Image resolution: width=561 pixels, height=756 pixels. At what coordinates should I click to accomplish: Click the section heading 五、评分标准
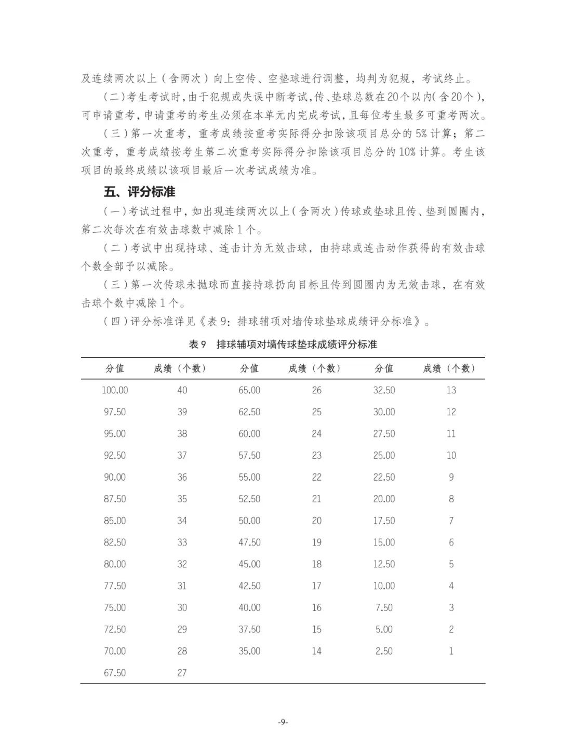click(x=139, y=192)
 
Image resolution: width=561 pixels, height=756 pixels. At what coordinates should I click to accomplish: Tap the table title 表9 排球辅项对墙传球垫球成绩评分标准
click(x=283, y=344)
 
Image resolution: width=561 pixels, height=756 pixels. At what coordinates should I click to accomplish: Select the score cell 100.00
click(x=115, y=390)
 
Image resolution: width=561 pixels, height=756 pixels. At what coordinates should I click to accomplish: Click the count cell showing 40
click(x=182, y=390)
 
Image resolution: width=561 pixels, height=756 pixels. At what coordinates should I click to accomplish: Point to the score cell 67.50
click(x=115, y=673)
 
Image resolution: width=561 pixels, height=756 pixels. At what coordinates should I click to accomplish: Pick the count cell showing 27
click(x=182, y=673)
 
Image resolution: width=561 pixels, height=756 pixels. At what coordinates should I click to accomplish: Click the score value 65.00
click(x=249, y=390)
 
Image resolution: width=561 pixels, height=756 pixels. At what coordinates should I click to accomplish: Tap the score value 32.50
click(x=384, y=390)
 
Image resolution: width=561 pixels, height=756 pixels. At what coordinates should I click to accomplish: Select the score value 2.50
click(x=384, y=651)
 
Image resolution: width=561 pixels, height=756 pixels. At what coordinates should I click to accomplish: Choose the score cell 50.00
click(x=249, y=521)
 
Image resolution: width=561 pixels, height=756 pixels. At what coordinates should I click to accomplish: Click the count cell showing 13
click(x=451, y=390)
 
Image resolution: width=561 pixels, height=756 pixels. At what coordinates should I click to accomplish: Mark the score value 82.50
click(x=115, y=542)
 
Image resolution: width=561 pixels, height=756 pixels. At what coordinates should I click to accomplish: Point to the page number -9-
click(x=283, y=722)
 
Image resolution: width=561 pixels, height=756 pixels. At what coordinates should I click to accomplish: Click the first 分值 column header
click(x=115, y=368)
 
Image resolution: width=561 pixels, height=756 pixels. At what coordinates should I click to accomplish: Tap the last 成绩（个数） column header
click(x=450, y=368)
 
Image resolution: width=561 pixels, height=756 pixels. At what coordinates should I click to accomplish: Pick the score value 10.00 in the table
click(x=384, y=586)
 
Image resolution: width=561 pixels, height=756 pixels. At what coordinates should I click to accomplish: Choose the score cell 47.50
click(x=249, y=542)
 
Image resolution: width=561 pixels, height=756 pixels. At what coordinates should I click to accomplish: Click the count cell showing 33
click(x=182, y=542)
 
